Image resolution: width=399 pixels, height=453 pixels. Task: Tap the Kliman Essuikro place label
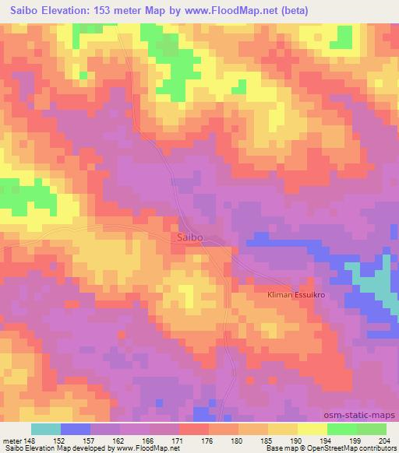coord(297,297)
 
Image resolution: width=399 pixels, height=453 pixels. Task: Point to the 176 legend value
coord(208,440)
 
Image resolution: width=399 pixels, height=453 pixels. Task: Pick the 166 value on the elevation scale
coord(149,440)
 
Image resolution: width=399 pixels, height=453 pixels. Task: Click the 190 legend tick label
coord(297,440)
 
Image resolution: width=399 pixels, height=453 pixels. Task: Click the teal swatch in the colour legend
coord(46,429)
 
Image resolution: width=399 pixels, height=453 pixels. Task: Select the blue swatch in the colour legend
coord(76,429)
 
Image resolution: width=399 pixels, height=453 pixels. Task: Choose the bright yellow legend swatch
coord(312,429)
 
